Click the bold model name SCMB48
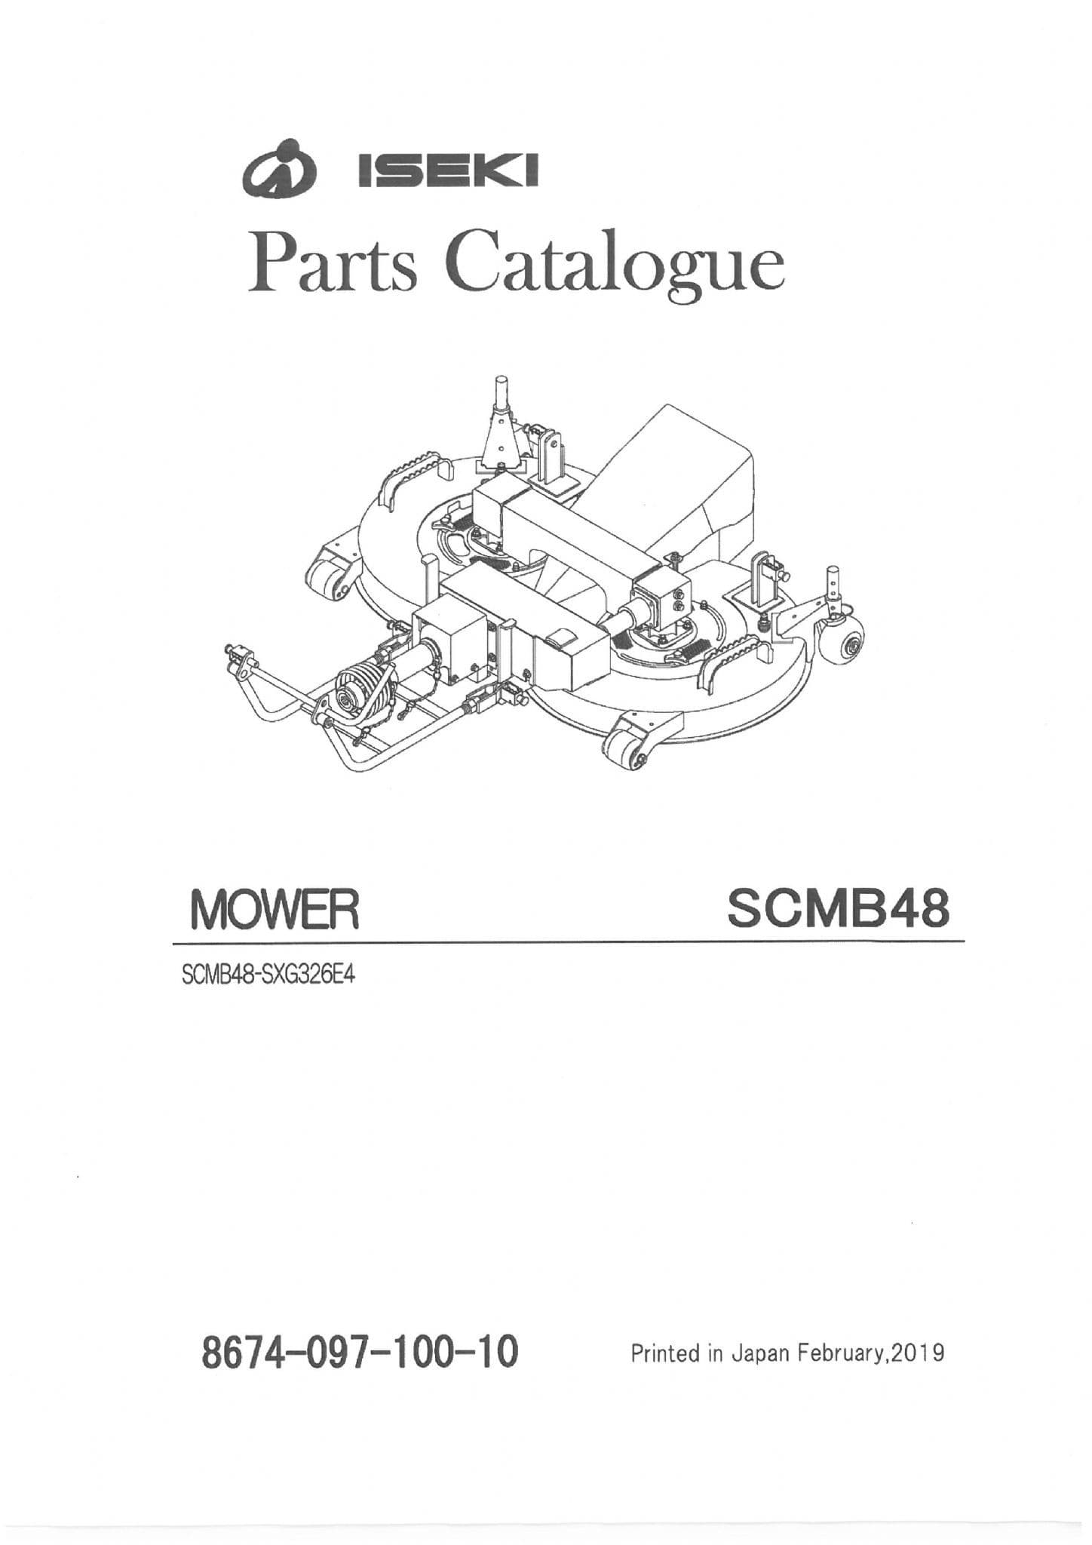click(837, 908)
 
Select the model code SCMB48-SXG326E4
click(268, 976)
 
